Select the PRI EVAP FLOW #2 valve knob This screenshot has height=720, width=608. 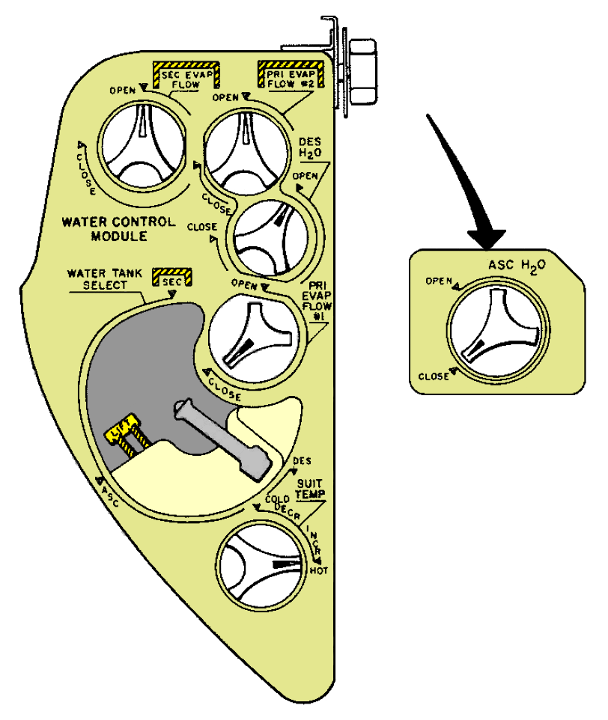[246, 149]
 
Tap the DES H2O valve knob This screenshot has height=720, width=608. [270, 234]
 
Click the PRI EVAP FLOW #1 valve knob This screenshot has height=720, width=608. [252, 335]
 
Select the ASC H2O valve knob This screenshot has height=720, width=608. [496, 326]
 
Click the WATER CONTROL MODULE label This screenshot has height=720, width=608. [119, 229]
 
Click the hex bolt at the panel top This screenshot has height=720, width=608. [362, 71]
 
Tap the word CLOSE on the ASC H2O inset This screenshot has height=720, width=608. [434, 376]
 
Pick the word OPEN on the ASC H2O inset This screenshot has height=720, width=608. [440, 281]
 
